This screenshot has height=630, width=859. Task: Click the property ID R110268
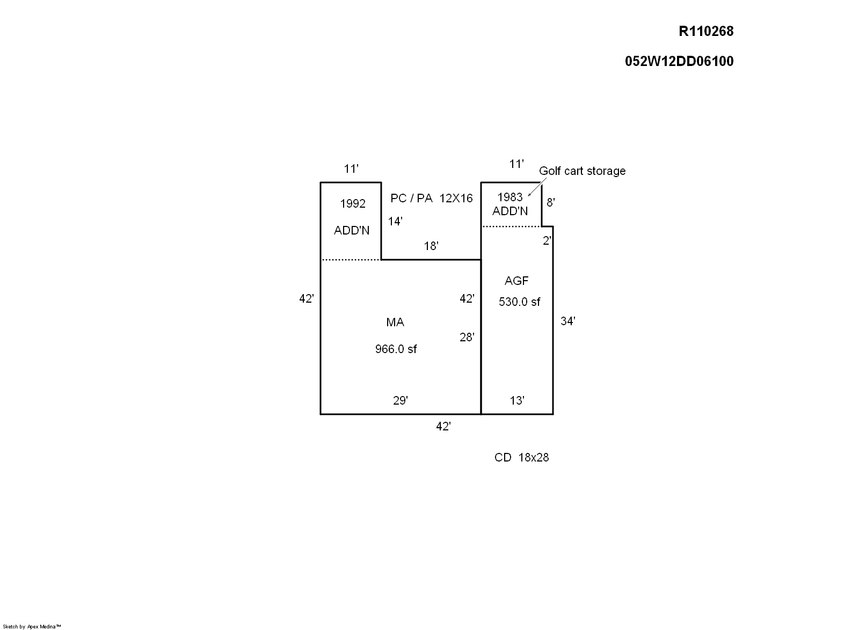pyautogui.click(x=706, y=32)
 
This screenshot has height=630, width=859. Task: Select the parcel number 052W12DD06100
pyautogui.click(x=679, y=61)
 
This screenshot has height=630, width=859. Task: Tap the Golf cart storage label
pyautogui.click(x=582, y=171)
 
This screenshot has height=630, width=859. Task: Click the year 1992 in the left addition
pyautogui.click(x=353, y=204)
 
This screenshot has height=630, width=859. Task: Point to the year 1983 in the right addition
pyautogui.click(x=509, y=197)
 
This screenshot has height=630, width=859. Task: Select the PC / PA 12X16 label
pyautogui.click(x=431, y=199)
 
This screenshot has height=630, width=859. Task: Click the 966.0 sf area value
pyautogui.click(x=396, y=349)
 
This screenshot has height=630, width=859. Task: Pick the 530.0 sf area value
pyautogui.click(x=519, y=302)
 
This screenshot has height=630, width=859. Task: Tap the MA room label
pyautogui.click(x=395, y=323)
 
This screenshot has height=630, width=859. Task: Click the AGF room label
pyautogui.click(x=516, y=281)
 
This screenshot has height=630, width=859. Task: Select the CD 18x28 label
pyautogui.click(x=521, y=458)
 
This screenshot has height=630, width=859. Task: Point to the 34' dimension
pyautogui.click(x=567, y=321)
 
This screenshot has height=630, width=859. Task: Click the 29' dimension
pyautogui.click(x=400, y=401)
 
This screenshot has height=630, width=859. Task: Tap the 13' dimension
pyautogui.click(x=516, y=401)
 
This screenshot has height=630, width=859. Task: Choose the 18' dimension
pyautogui.click(x=431, y=246)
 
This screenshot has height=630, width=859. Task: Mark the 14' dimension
pyautogui.click(x=395, y=221)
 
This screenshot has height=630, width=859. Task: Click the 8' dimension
pyautogui.click(x=550, y=203)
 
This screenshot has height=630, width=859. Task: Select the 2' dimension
pyautogui.click(x=547, y=241)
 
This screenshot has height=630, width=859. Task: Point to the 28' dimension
pyautogui.click(x=467, y=338)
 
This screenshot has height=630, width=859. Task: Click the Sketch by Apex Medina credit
pyautogui.click(x=32, y=626)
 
